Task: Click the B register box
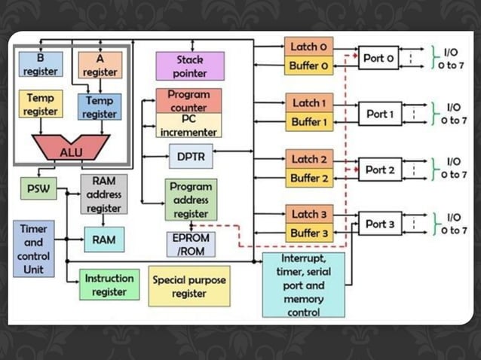pos(40,65)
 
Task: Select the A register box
pos(100,65)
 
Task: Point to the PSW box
pos(38,188)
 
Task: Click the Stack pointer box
pos(190,66)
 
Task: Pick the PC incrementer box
pos(188,125)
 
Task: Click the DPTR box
pos(190,156)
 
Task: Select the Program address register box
pos(191,199)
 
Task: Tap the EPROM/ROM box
pos(190,244)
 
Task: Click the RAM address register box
pos(104,194)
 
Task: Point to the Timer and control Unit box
pos(33,249)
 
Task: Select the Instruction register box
pos(109,285)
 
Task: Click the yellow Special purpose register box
pos(189,285)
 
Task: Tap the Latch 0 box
pos(308,47)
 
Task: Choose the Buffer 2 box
pos(308,178)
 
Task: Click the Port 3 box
pos(379,224)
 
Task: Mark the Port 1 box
pos(379,114)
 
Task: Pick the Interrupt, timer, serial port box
pos(303,285)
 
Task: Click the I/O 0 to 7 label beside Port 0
pos(452,58)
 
